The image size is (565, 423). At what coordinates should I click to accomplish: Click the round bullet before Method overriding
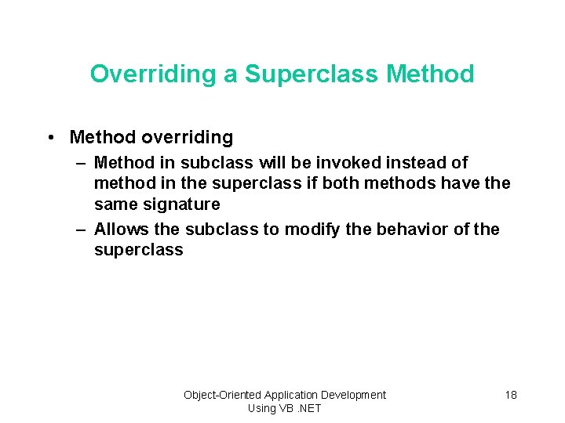(x=50, y=138)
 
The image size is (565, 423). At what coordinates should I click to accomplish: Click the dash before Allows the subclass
(x=81, y=230)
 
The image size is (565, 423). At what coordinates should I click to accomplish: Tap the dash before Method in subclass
(x=81, y=163)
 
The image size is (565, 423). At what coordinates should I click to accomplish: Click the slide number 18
(x=511, y=395)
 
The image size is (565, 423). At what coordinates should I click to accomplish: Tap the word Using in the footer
(x=261, y=408)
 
